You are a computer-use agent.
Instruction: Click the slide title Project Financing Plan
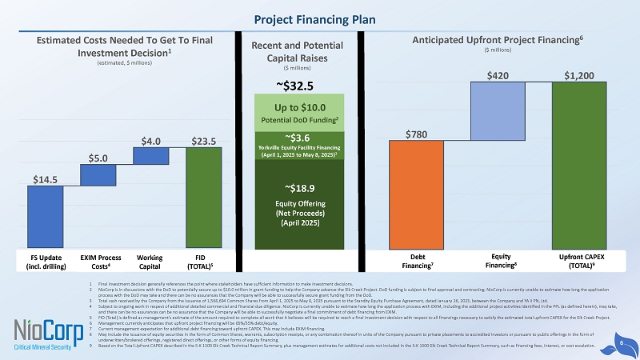[320, 18]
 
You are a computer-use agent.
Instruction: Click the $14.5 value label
[45, 179]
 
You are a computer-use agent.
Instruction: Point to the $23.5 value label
[203, 140]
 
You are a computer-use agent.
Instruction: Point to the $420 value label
[495, 74]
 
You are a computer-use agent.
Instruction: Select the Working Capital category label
[150, 261]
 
